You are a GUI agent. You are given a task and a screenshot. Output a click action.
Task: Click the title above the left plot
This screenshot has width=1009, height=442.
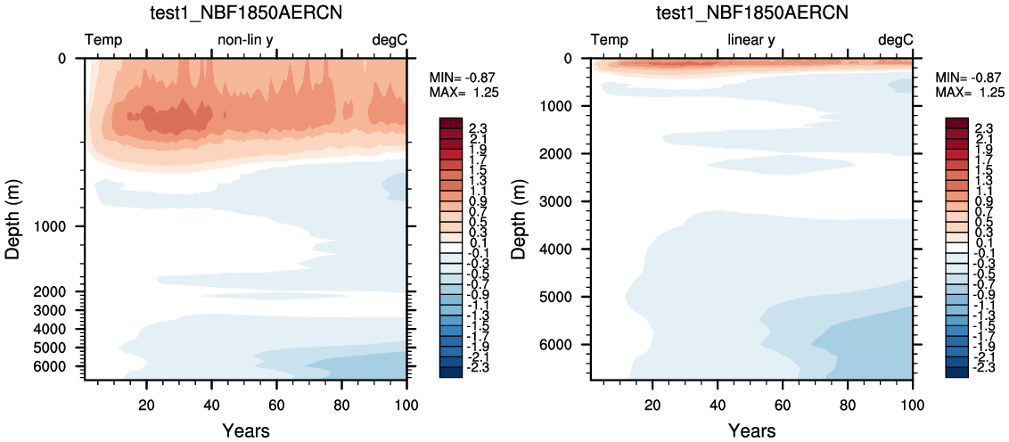[x=245, y=12]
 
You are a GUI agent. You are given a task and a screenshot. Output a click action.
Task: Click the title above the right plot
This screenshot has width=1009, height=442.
[x=751, y=12]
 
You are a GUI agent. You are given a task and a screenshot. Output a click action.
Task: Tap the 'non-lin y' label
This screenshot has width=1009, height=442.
[x=245, y=41]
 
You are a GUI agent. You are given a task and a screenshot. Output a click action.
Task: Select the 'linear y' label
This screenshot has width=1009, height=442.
[x=751, y=41]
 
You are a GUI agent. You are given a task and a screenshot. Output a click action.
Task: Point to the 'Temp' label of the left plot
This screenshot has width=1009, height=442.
[x=103, y=41]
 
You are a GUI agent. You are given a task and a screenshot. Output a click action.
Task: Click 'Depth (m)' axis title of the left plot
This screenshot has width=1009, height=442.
[x=14, y=219]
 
